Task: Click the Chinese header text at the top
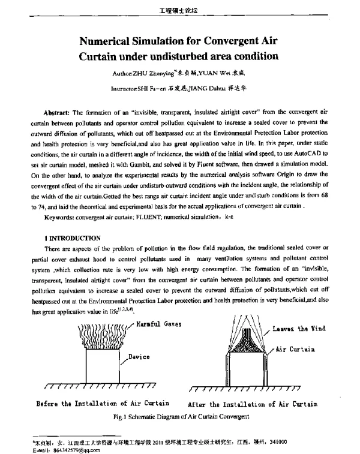pos(180,10)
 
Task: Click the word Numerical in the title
pos(112,41)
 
